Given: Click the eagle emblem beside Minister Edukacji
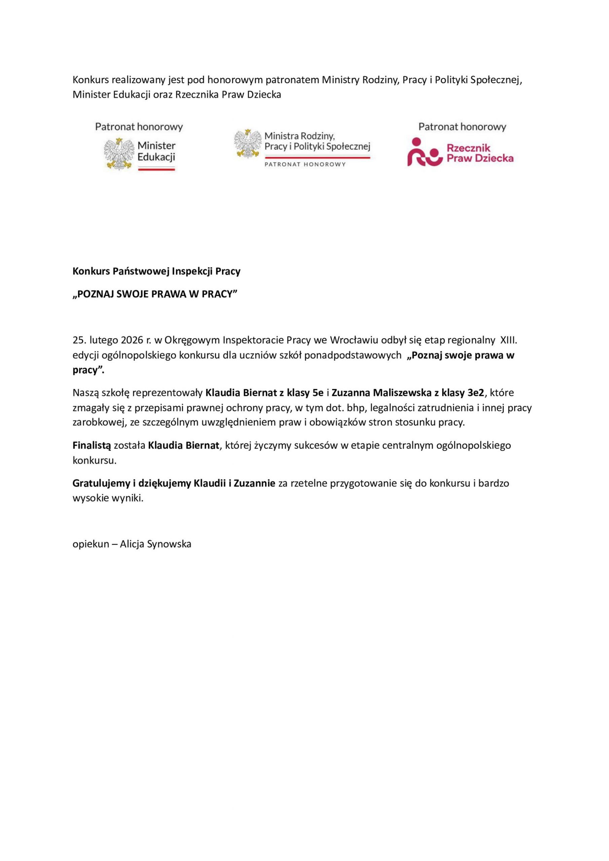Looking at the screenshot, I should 119,153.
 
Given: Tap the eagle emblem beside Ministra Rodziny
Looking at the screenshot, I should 248,143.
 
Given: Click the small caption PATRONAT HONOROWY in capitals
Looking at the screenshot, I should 305,164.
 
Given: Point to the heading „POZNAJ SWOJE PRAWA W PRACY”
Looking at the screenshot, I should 155,294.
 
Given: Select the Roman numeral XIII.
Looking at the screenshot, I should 509,340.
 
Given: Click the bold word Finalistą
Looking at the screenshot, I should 92,446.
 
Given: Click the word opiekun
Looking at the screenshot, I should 91,544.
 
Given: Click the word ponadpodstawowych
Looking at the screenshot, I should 353,355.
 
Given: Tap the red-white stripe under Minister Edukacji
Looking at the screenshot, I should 156,169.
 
